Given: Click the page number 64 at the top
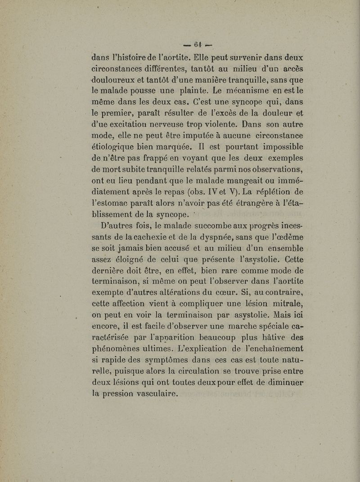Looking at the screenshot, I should pos(198,45).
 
